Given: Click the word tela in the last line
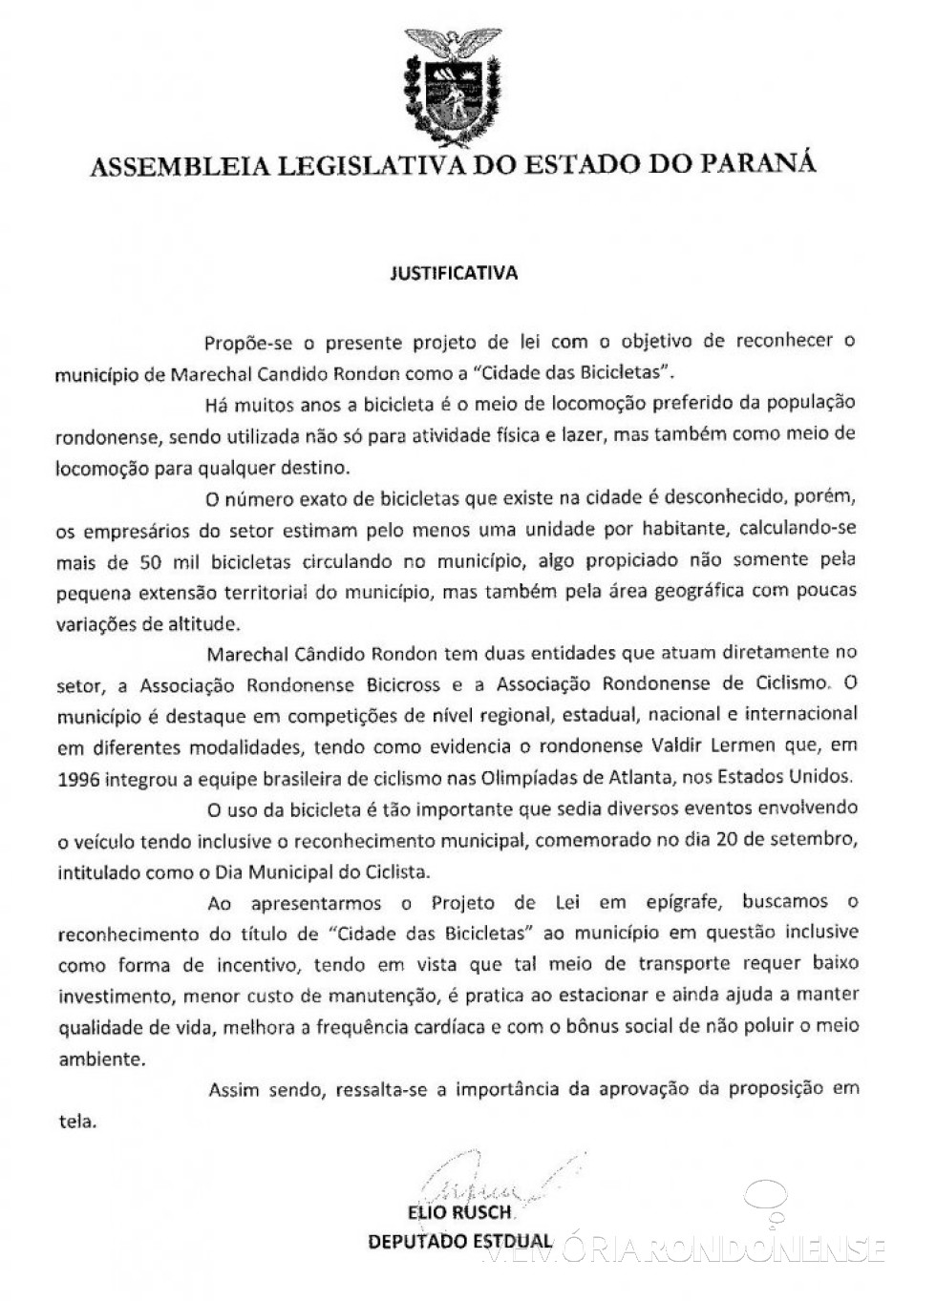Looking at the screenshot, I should tap(77, 1121).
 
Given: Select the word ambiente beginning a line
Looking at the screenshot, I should tap(95, 1059).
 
